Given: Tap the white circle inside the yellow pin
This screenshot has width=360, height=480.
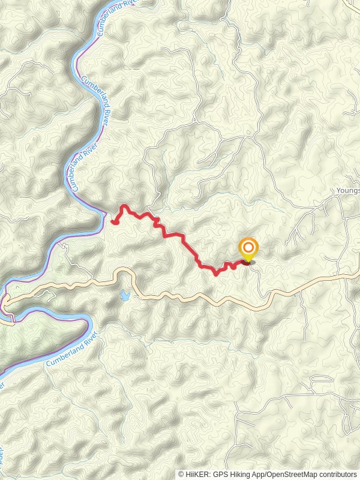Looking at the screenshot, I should pos(248,247).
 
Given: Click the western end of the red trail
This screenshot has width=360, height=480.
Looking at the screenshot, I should pos(113,223).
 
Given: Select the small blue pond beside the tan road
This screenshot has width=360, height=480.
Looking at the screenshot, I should pos(124,295).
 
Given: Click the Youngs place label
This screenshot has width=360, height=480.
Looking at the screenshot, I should pos(348,191).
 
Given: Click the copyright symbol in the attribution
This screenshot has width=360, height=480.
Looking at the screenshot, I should pos(181,474).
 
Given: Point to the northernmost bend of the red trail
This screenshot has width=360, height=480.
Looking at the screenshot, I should pos(124,206).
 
